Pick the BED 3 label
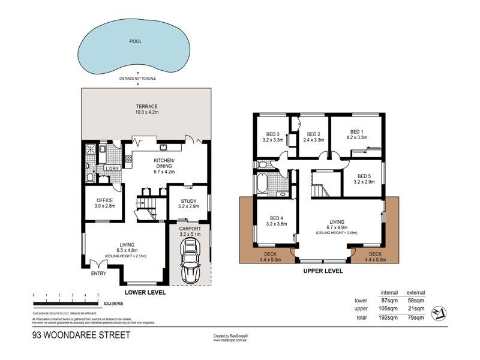pyautogui.click(x=272, y=137)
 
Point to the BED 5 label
pyautogui.click(x=364, y=179)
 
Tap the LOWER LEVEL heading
pyautogui.click(x=144, y=292)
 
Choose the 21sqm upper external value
pyautogui.click(x=416, y=309)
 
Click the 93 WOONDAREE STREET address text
pyautogui.click(x=80, y=335)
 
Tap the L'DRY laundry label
pyautogui.click(x=112, y=169)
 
